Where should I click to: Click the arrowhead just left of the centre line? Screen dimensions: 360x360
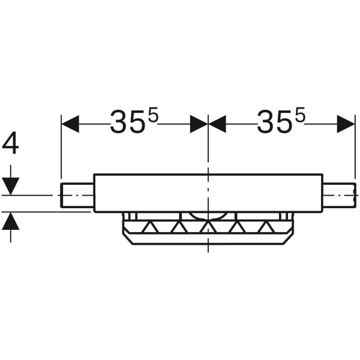tap(199, 124)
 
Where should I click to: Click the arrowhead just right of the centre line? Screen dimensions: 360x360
tap(217, 124)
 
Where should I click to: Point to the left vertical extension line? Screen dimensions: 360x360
tap(61, 150)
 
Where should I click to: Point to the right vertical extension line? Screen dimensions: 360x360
tap(354, 150)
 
